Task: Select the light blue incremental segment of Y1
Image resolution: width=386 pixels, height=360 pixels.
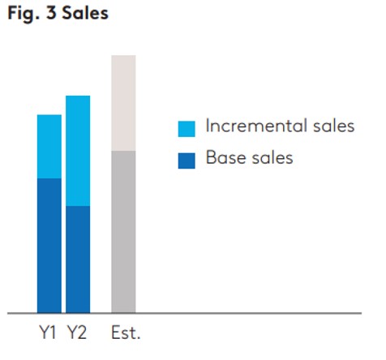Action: point(49,146)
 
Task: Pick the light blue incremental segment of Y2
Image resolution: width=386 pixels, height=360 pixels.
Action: point(78,151)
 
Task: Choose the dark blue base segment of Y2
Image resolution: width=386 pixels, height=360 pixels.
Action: point(78,259)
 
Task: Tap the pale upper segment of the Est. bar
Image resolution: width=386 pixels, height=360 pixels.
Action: point(123,103)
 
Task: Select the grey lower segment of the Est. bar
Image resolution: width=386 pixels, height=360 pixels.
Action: point(123,231)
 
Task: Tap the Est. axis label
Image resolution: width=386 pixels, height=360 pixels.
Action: point(126,332)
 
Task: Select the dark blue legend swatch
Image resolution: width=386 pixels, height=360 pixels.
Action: point(187,159)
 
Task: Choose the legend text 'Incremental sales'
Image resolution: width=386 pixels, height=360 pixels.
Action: point(280,126)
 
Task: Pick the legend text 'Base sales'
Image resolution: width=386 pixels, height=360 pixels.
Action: point(249,157)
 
